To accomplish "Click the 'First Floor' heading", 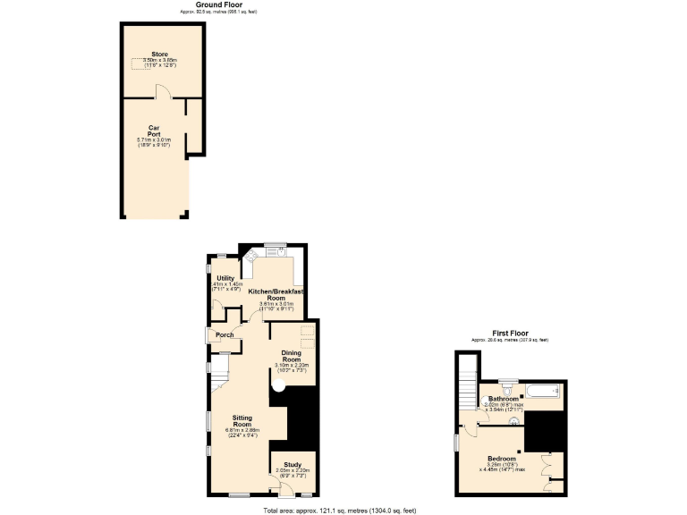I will [510, 333].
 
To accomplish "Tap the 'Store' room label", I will [159, 55].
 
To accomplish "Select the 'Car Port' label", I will [154, 131].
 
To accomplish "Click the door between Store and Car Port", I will [159, 92].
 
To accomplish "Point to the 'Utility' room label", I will [225, 279].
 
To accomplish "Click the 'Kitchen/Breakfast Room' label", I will [276, 294].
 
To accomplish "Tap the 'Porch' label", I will [225, 335].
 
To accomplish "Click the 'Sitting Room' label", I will [242, 420].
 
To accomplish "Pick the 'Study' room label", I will [293, 464].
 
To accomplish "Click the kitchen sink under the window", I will [279, 251].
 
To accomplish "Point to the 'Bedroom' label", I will [501, 458].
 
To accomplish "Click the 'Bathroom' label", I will [504, 399].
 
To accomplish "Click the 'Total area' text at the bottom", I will [340, 510].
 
